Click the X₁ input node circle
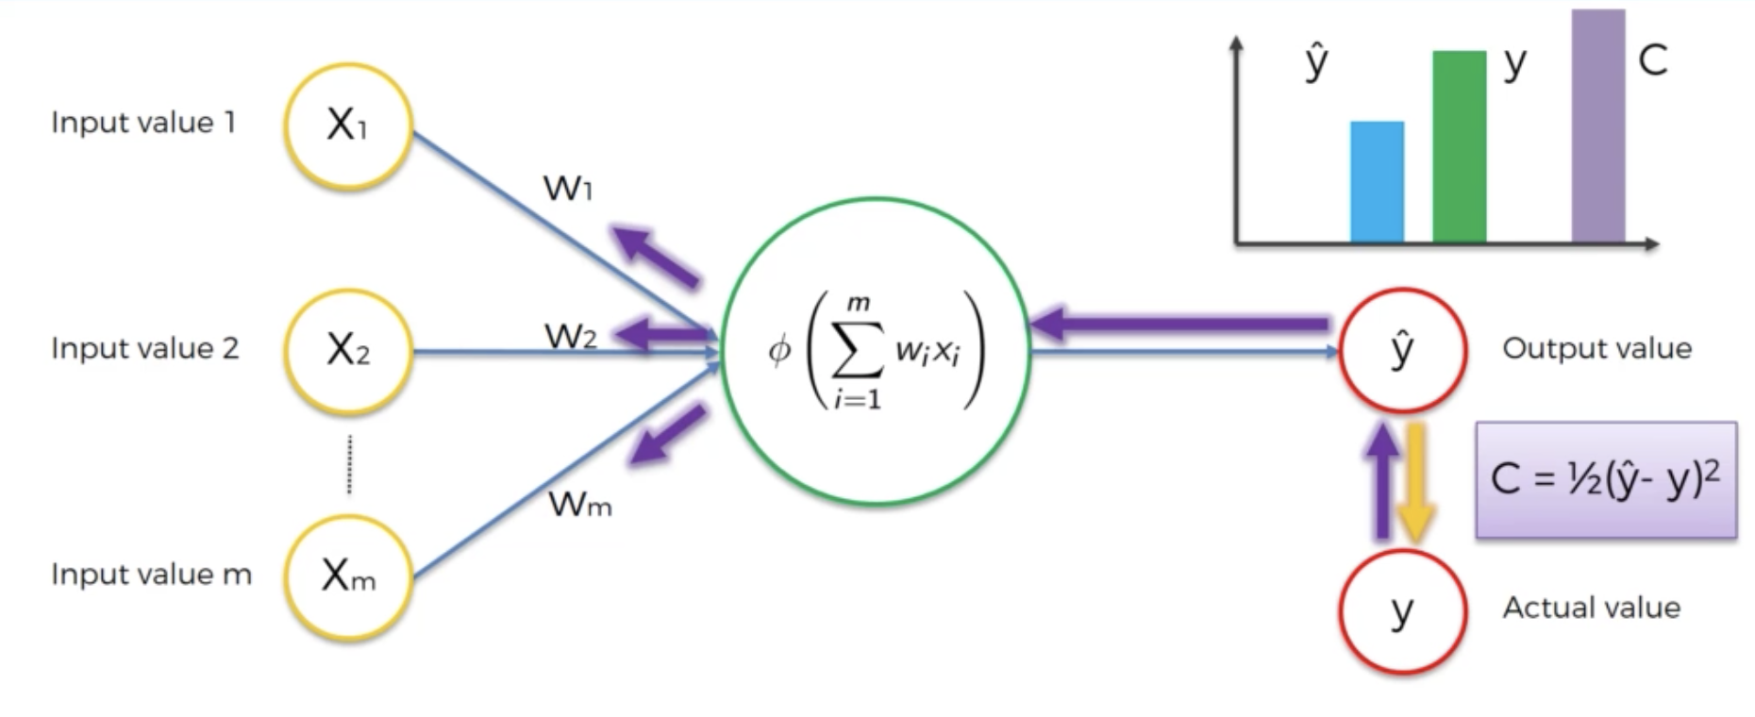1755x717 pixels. pos(348,125)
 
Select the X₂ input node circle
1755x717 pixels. pos(348,351)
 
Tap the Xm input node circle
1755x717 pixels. pos(348,576)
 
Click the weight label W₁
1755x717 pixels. pos(568,189)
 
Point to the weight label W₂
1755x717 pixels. pos(570,336)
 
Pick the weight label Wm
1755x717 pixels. pos(580,505)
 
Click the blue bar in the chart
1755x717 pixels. pos(1377,182)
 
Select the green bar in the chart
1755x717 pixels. pos(1459,147)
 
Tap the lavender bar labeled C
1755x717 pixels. pos(1597,126)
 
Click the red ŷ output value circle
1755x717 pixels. pos(1403,350)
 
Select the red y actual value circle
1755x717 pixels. pos(1403,610)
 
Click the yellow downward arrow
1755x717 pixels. pos(1415,483)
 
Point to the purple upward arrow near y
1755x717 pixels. pos(1382,481)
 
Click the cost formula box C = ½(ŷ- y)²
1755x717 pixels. pos(1606,479)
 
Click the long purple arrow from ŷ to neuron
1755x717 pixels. pos(1179,325)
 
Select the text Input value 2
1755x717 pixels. pos(144,348)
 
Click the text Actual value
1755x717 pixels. pos(1591,608)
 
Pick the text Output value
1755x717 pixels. pos(1596,348)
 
